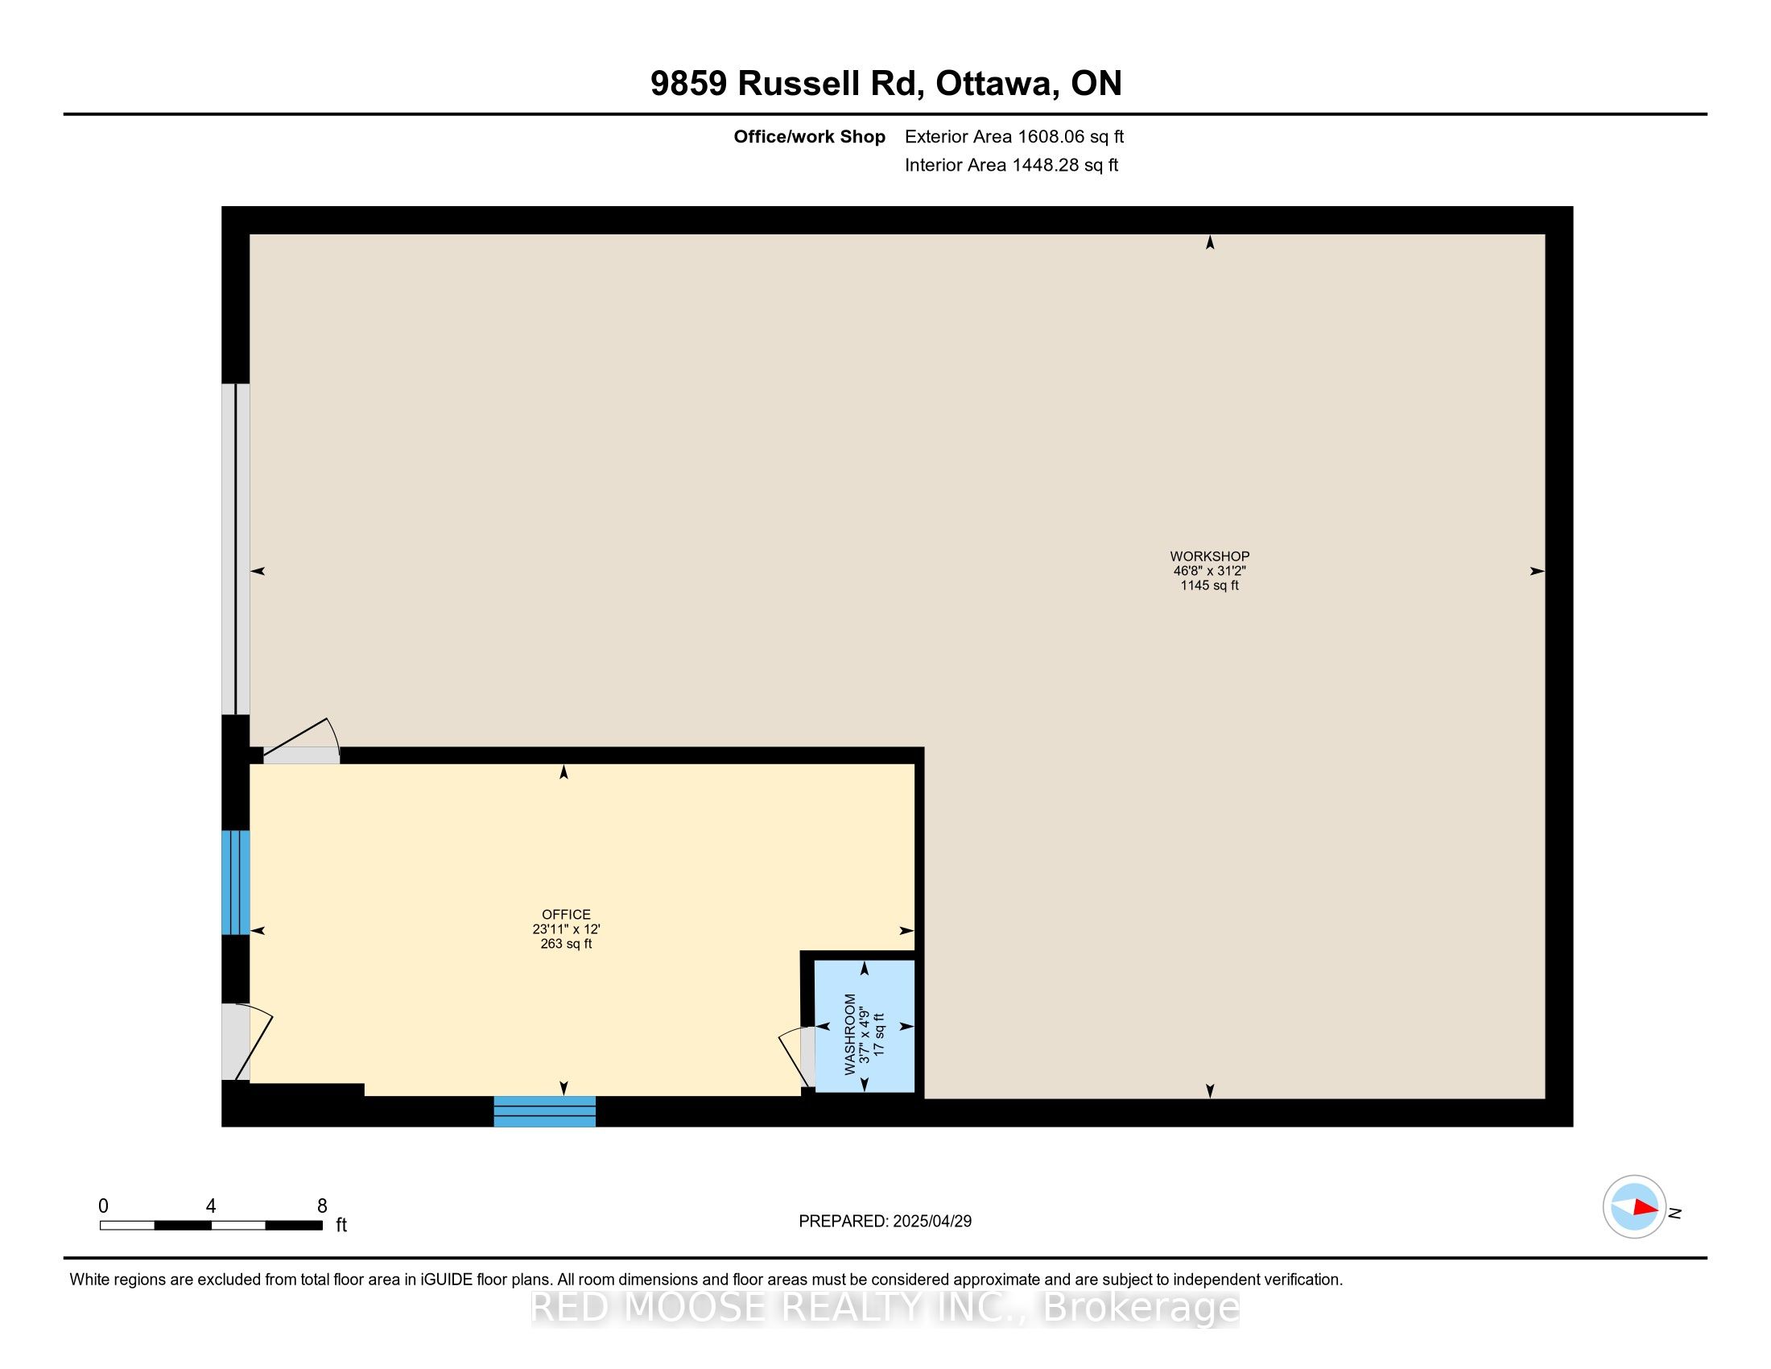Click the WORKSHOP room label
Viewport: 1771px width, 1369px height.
point(1209,556)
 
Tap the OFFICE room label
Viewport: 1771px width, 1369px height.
point(566,914)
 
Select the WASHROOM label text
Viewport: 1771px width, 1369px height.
point(850,1034)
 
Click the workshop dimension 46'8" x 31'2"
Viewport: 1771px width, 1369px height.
point(1209,571)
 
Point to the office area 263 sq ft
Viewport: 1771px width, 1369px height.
point(566,944)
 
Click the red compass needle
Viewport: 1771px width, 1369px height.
point(1645,1207)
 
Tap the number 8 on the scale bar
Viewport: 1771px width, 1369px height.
point(322,1206)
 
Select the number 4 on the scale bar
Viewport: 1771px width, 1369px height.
point(211,1206)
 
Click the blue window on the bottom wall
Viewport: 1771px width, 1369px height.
point(545,1111)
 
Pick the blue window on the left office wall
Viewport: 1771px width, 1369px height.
point(235,883)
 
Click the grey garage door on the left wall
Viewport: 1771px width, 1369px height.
point(235,549)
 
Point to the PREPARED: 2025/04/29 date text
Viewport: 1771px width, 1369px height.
point(885,1221)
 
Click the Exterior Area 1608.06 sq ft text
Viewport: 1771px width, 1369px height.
point(1014,136)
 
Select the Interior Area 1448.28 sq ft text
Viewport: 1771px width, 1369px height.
point(1011,164)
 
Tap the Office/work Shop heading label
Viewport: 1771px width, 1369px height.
point(809,136)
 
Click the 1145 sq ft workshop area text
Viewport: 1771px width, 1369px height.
point(1209,585)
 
